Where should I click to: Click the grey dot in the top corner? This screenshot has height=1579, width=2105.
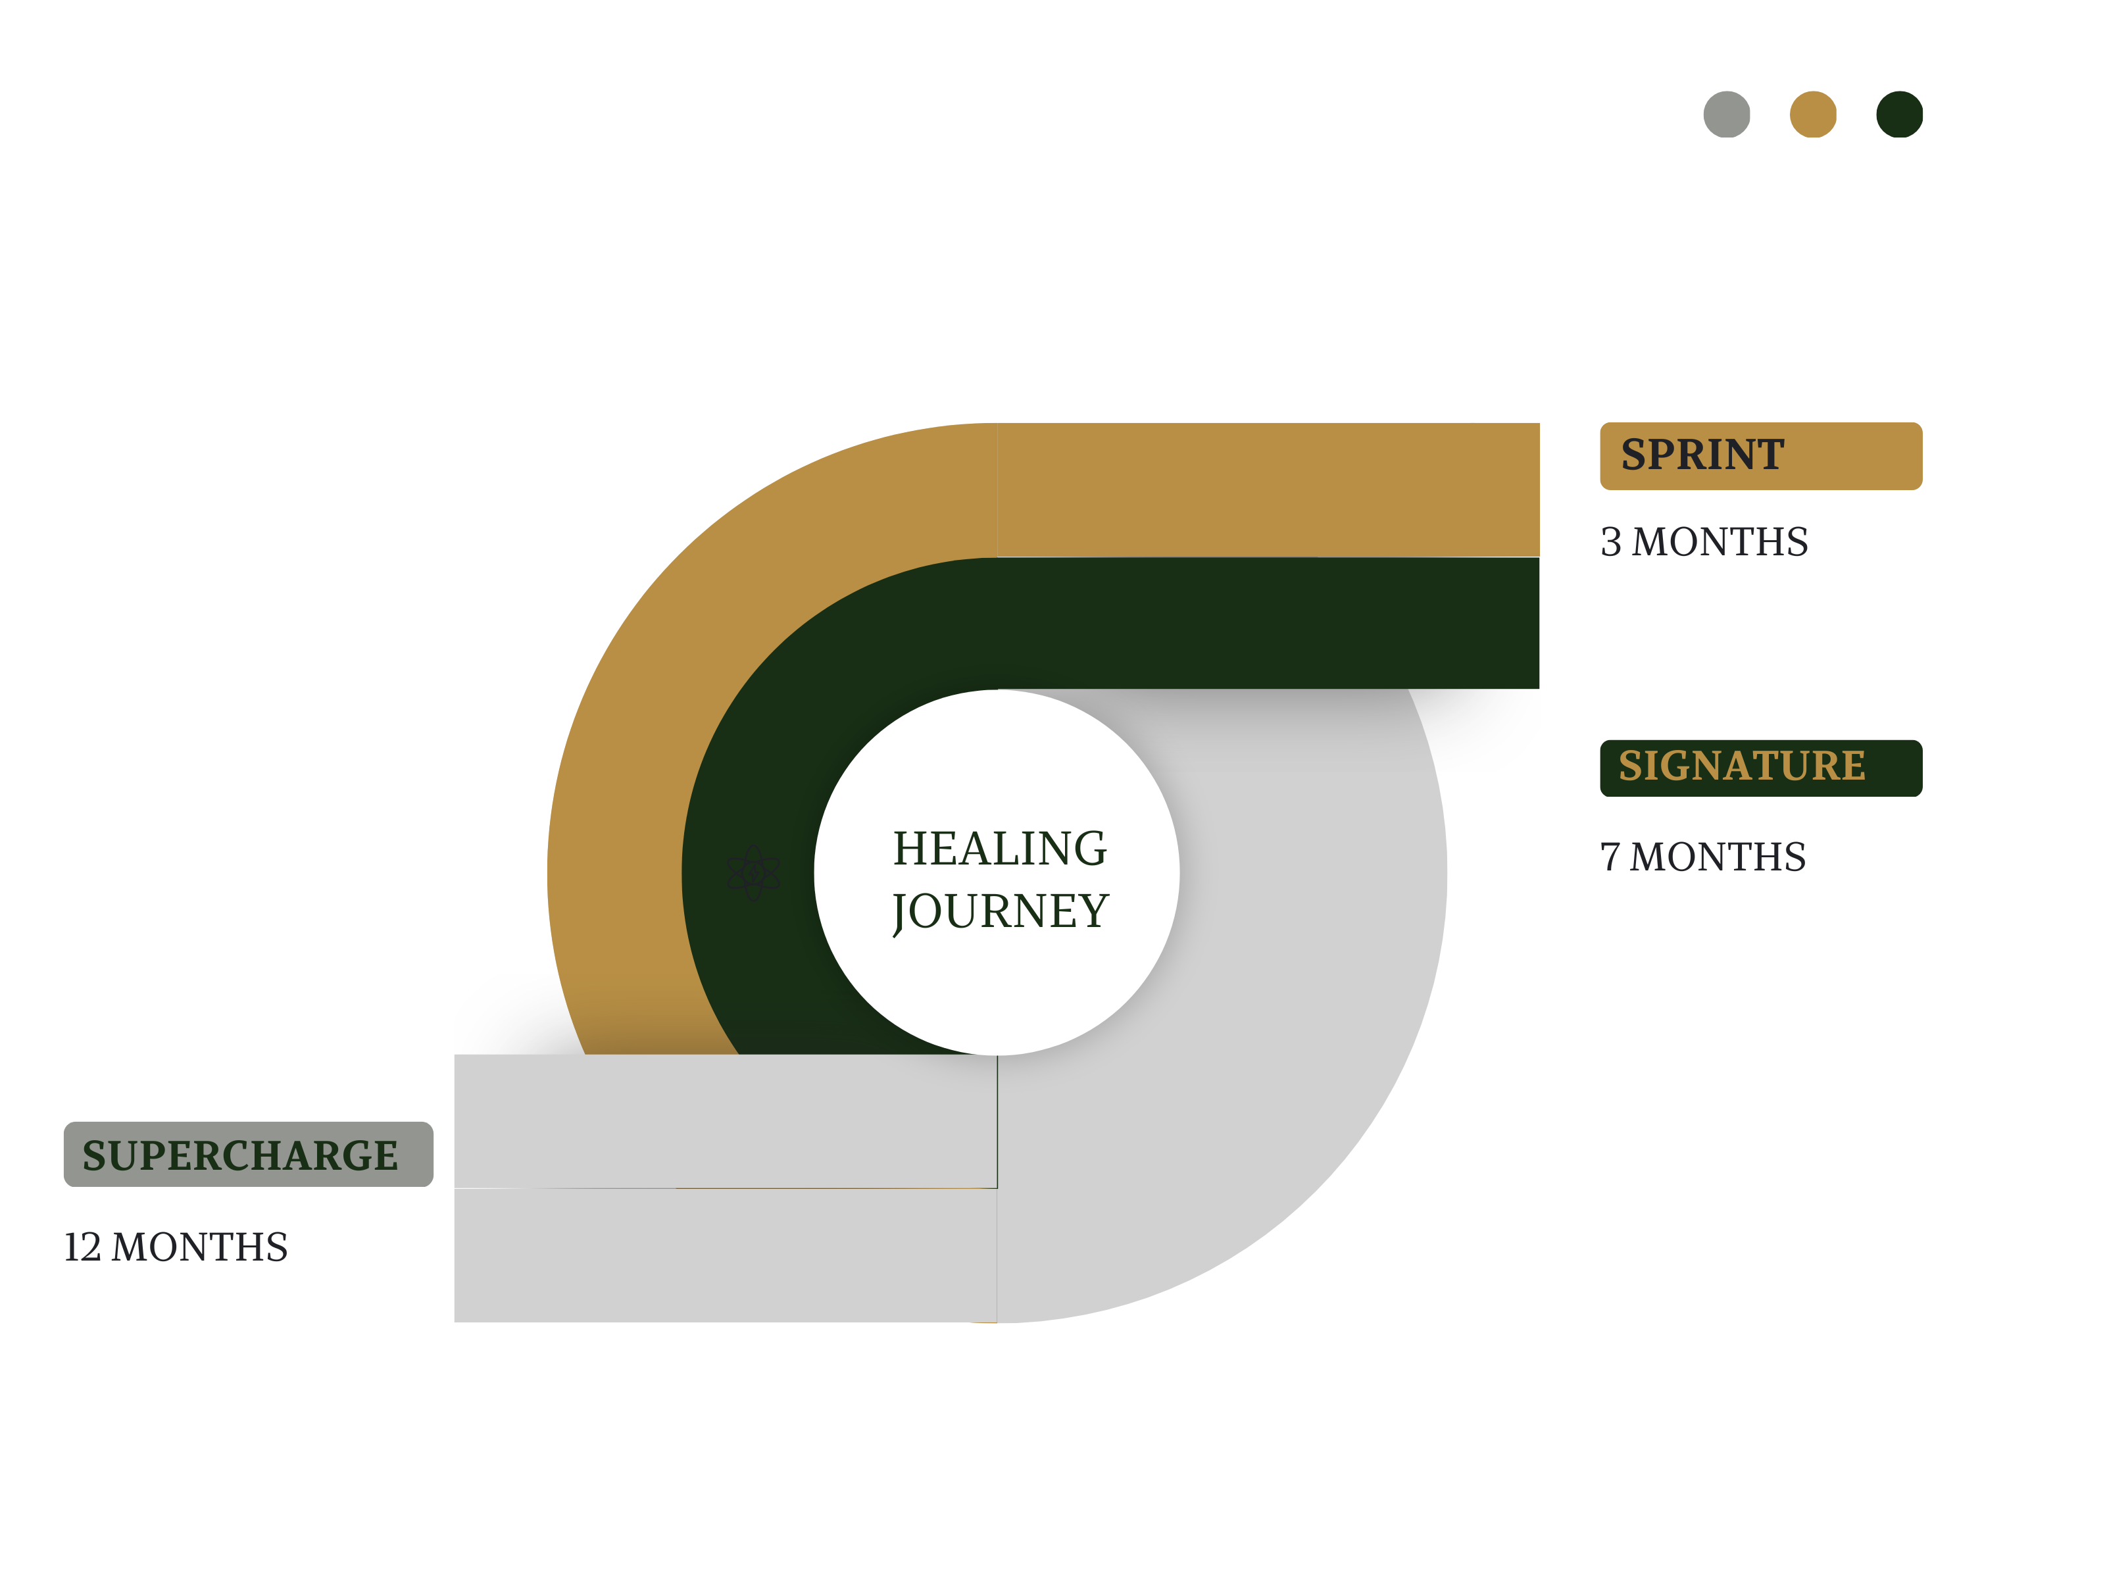(1726, 114)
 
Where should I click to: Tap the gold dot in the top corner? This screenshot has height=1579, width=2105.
(1813, 114)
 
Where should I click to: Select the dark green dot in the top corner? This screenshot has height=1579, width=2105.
(1900, 114)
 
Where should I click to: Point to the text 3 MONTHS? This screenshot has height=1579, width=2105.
(1704, 541)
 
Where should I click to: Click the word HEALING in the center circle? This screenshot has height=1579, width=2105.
(999, 848)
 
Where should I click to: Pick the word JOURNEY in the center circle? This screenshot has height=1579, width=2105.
(1000, 911)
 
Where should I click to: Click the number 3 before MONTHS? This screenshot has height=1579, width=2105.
(1611, 541)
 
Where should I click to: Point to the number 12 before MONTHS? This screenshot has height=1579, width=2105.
(82, 1247)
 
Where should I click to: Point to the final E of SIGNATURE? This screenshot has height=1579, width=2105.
(1852, 766)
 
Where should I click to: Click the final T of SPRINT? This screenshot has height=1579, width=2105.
(1770, 455)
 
